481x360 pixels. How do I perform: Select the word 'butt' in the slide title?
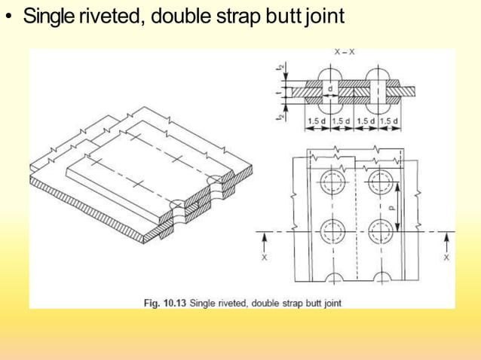click(x=285, y=17)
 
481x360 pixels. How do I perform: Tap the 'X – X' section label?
click(x=345, y=53)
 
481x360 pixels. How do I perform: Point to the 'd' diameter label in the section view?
click(x=330, y=88)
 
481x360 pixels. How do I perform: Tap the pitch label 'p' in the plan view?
click(x=390, y=205)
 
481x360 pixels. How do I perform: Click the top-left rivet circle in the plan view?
click(x=330, y=182)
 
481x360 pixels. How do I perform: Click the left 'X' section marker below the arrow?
click(x=264, y=257)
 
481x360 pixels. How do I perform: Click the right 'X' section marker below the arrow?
click(x=446, y=257)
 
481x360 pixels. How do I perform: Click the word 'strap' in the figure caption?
click(x=285, y=303)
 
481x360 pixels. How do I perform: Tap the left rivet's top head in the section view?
click(x=330, y=76)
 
